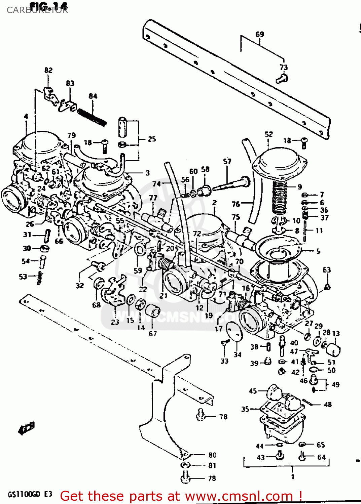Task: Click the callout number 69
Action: tap(260, 34)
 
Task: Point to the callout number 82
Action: tap(48, 70)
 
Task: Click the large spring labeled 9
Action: tap(279, 198)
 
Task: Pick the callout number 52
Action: tap(268, 134)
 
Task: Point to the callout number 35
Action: tap(245, 409)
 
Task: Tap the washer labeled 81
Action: tap(185, 465)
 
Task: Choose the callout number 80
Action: tap(212, 455)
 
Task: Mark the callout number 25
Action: tap(152, 139)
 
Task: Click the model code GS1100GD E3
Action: tap(30, 494)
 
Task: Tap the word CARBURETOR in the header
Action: tap(37, 10)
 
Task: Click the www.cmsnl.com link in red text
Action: tap(239, 496)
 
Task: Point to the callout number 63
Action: tap(327, 270)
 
